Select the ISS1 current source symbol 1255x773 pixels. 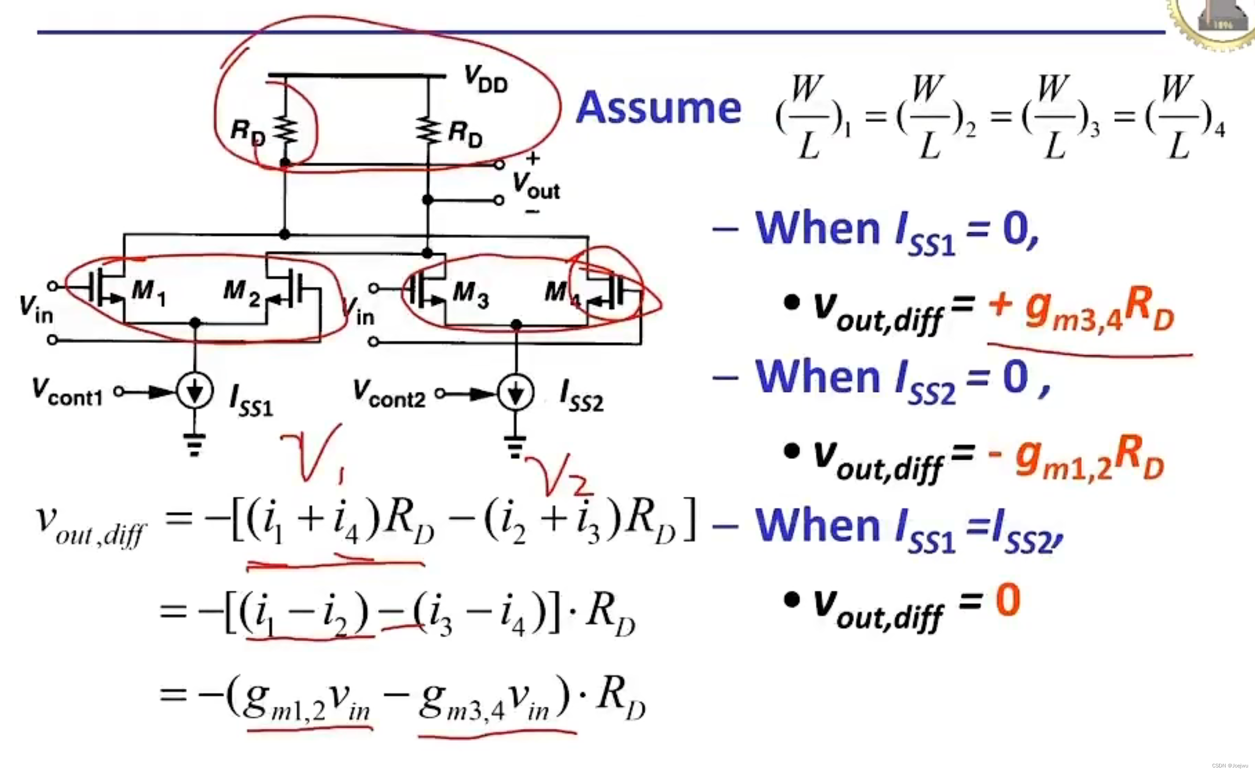195,391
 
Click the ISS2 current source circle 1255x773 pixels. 516,393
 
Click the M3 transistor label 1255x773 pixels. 471,295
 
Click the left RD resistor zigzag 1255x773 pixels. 285,130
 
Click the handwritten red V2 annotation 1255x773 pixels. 560,476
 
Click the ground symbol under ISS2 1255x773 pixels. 515,446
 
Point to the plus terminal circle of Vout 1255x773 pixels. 500,165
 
